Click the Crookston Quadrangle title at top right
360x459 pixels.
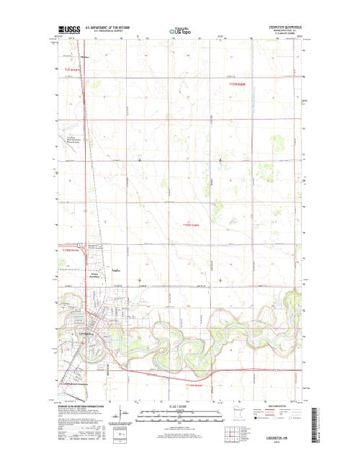coord(279,24)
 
